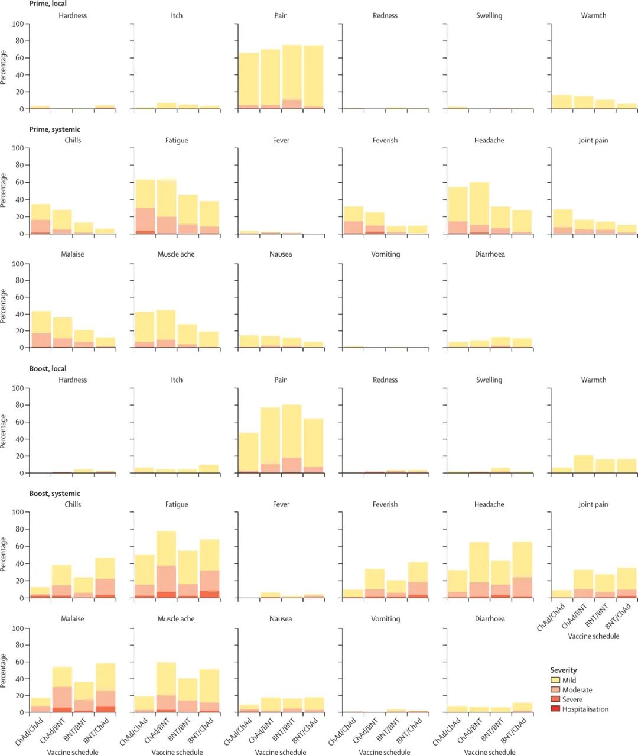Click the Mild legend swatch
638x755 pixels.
click(x=555, y=680)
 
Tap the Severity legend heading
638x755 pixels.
click(x=564, y=670)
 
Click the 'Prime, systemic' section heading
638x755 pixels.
click(x=55, y=129)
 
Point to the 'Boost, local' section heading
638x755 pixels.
click(x=48, y=368)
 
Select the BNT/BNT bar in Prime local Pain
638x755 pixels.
click(x=292, y=77)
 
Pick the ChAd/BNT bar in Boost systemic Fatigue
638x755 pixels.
click(x=166, y=565)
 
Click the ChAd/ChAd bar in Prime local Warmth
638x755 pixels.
click(x=561, y=102)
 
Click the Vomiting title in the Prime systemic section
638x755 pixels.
click(x=385, y=254)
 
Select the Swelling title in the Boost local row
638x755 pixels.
click(x=489, y=380)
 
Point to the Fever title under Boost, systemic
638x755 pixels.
click(x=281, y=504)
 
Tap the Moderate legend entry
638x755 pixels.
click(x=577, y=689)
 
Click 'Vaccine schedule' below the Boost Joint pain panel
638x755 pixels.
click(x=593, y=636)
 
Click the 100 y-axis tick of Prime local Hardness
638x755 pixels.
click(x=18, y=24)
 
